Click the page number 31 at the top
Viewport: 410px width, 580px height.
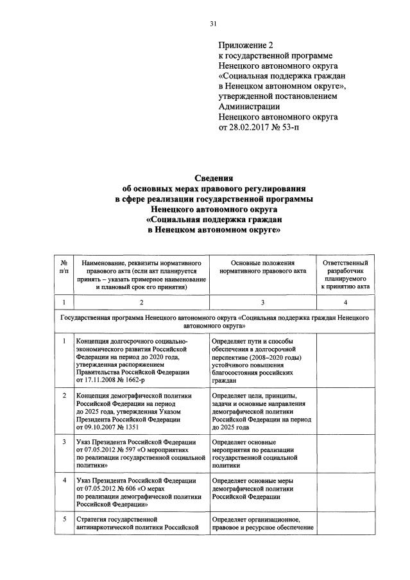214,24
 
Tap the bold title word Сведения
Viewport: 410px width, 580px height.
213,178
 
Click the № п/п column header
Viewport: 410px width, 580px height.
64,269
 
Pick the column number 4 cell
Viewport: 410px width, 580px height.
345,302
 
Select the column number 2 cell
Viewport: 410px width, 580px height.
141,302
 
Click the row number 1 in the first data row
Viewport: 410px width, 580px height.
64,340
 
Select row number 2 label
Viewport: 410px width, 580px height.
64,395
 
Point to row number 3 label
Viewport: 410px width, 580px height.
64,442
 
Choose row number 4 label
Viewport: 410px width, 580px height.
64,480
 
